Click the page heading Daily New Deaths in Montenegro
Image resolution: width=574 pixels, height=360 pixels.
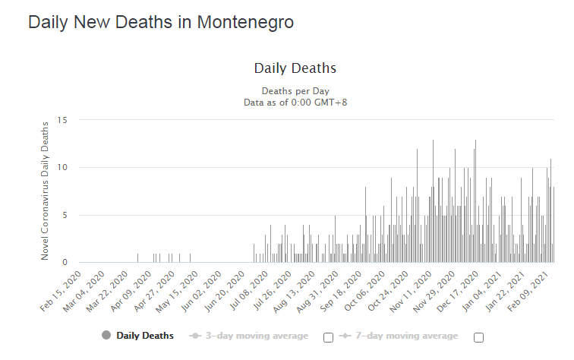click(161, 23)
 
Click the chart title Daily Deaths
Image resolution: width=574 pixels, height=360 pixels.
click(295, 68)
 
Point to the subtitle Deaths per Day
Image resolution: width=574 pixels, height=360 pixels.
click(295, 90)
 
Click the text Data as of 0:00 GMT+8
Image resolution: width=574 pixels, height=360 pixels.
click(295, 102)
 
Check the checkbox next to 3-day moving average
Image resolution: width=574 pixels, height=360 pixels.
click(328, 337)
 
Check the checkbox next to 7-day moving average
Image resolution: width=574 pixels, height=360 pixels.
click(478, 337)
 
